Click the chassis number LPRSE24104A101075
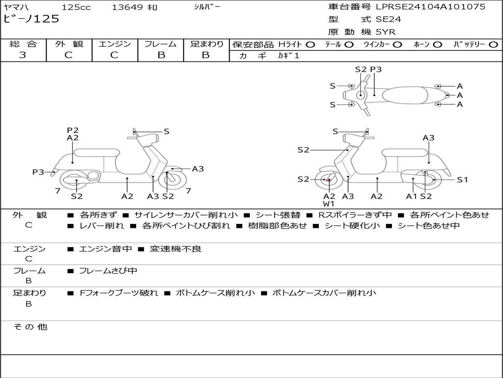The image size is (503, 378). [x=431, y=6]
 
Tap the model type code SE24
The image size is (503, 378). [x=388, y=19]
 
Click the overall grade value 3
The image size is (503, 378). [x=23, y=55]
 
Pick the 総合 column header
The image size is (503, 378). [x=23, y=44]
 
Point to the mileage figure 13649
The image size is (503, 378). [x=127, y=7]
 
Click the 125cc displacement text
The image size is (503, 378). [x=76, y=7]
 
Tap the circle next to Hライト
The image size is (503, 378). [x=310, y=45]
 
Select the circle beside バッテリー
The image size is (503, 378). [x=493, y=45]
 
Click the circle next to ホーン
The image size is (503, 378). [x=438, y=45]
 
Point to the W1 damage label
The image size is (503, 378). [x=329, y=204]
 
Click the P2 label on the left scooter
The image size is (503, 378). [x=73, y=130]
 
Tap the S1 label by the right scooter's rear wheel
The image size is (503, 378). [x=462, y=180]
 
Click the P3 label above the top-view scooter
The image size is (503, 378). [x=376, y=69]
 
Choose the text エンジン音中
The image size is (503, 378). [x=105, y=249]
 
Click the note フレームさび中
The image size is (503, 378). [x=108, y=271]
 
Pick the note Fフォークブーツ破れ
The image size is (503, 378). [x=119, y=293]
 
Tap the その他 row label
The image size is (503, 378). [x=30, y=327]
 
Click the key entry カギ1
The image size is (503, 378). [x=288, y=56]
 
